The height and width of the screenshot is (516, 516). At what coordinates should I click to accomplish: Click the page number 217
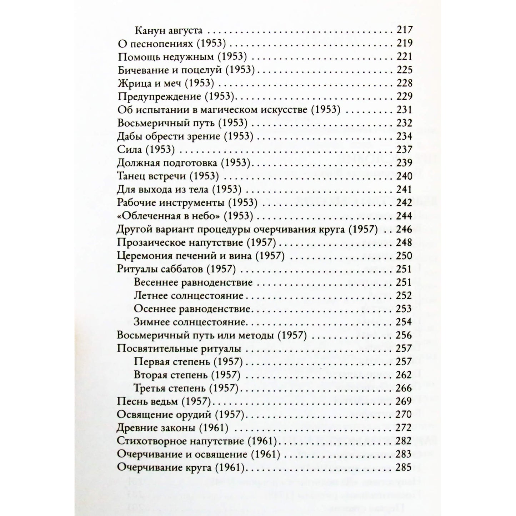click(x=404, y=30)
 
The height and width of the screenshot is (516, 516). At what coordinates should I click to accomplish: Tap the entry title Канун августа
click(x=169, y=30)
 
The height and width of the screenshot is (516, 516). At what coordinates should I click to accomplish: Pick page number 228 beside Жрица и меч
click(x=404, y=83)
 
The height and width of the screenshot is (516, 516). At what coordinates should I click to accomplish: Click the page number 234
click(x=404, y=136)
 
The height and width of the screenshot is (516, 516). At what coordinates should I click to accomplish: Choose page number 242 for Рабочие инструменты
click(x=404, y=202)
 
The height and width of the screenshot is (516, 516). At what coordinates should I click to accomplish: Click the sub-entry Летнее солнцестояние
click(x=188, y=296)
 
